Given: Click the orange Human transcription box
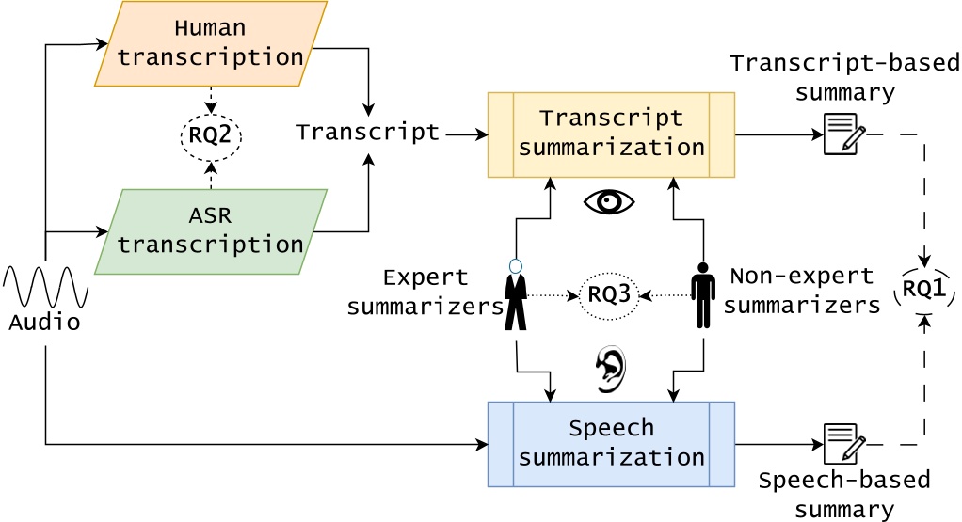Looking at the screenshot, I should pos(211,43).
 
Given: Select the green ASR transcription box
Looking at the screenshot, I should pos(211,231).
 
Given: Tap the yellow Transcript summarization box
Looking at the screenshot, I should pos(611,134).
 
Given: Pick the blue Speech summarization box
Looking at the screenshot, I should pos(611,444).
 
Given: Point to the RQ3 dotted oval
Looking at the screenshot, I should pos(609,294).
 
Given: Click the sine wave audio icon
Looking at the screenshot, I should pos(45,287).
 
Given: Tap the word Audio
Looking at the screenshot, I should pos(44,323).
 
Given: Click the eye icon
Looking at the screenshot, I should pos(610,201).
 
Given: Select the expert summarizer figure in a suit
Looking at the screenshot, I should pos(515,294).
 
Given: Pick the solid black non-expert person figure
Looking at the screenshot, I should pos(703,294).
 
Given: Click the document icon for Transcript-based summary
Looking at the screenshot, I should pos(844,134).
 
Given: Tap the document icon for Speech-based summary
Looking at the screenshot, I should pos(844,443).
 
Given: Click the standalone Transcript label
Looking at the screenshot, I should pos(368,133).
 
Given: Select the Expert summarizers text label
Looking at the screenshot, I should pos(425,292).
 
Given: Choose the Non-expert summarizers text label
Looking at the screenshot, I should pos(802,291).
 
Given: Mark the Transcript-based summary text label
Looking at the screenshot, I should pos(844,78).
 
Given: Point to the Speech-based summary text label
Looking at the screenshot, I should pos(844,495).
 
